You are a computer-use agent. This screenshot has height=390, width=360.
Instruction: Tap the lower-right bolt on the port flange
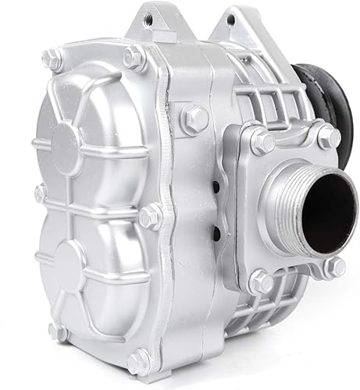[333, 267]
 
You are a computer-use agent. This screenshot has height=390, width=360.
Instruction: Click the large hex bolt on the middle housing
[194, 119]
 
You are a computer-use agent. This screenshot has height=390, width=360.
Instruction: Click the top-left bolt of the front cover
[53, 56]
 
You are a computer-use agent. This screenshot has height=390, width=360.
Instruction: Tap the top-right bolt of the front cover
[134, 56]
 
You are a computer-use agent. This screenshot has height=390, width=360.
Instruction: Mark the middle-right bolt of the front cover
[150, 214]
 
